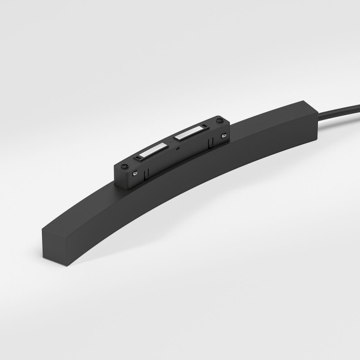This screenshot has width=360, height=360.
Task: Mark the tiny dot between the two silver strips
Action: click(170, 143)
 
